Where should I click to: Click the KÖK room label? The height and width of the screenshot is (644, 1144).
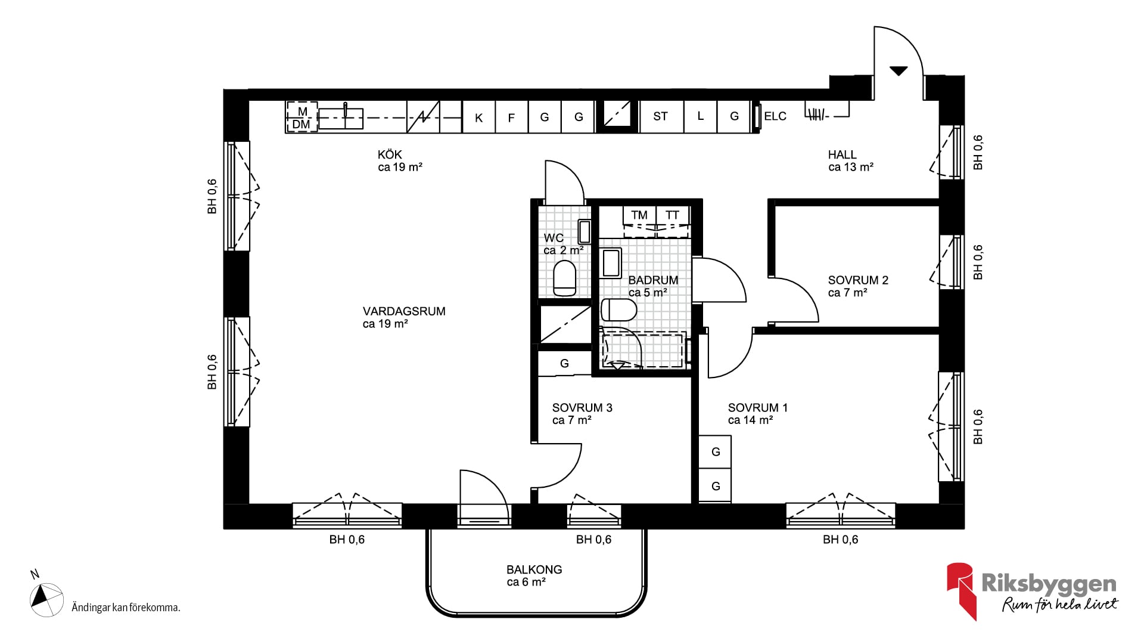[x=390, y=155]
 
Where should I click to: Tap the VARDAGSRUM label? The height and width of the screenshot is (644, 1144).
[x=404, y=311]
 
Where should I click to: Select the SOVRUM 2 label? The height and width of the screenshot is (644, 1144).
[x=858, y=280]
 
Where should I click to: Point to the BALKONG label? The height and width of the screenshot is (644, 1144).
[x=534, y=569]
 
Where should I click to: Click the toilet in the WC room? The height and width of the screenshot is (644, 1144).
[x=565, y=278]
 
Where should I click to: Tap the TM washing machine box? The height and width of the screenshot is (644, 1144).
[x=639, y=215]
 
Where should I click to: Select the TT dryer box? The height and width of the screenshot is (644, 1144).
[x=673, y=215]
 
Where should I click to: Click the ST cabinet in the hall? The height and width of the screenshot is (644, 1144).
[x=661, y=116]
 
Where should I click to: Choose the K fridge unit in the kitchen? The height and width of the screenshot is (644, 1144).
[x=479, y=117]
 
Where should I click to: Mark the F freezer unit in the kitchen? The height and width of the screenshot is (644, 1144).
[x=512, y=117]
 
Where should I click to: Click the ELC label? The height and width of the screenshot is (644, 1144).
[x=775, y=116]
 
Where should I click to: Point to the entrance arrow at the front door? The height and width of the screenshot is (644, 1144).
[x=899, y=71]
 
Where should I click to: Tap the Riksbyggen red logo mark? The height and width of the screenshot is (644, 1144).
[x=961, y=590]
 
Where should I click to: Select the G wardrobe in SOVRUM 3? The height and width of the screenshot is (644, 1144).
[x=565, y=363]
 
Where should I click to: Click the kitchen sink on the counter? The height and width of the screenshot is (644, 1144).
[x=341, y=118]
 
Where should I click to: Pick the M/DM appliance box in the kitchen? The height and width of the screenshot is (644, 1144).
[x=302, y=117]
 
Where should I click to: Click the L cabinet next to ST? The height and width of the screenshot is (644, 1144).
[x=701, y=116]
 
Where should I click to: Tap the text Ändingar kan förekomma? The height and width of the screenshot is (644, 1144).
[x=126, y=608]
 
